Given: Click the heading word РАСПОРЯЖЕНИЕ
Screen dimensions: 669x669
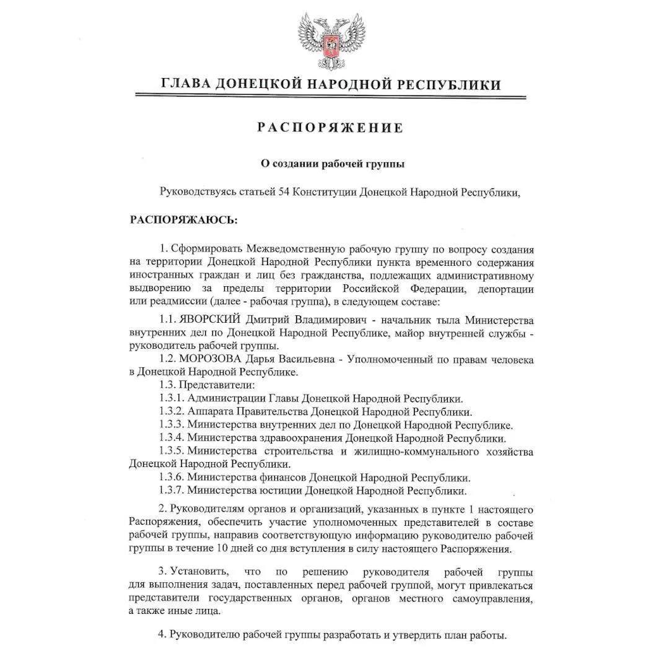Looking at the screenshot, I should point(331,128).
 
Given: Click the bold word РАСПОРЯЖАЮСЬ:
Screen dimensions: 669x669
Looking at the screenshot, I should point(183,220).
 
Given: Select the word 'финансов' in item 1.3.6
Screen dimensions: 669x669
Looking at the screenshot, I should point(282,478).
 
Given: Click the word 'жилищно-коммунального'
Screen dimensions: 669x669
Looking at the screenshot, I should point(419,452).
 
